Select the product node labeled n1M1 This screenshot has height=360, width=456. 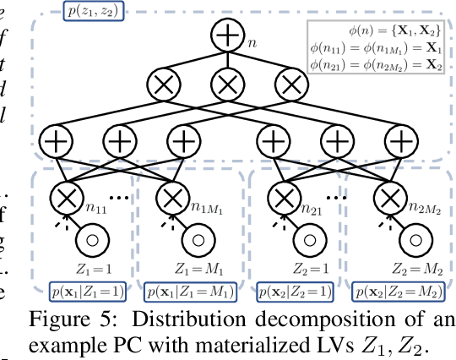tap(172, 198)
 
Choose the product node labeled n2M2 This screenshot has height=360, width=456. tap(388, 198)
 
